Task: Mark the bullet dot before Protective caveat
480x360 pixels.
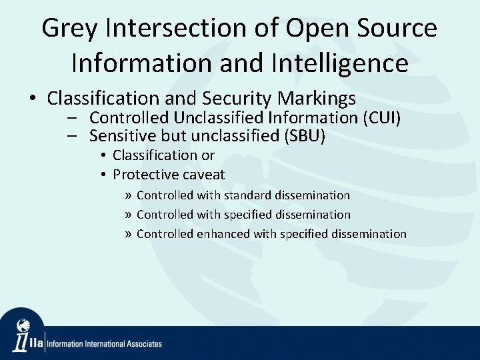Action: click(105, 175)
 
